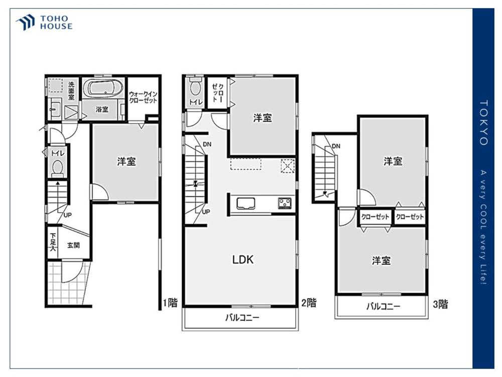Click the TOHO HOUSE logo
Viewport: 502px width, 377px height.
tap(44, 23)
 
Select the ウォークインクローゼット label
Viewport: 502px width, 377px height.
tap(143, 97)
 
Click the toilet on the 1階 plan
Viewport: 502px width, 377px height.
tap(58, 168)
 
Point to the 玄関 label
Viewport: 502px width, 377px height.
tap(73, 245)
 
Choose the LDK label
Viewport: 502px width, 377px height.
tap(242, 259)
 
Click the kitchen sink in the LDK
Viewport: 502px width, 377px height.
tap(246, 204)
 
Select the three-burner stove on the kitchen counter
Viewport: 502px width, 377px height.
tap(284, 203)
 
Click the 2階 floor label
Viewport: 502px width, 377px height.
tap(309, 302)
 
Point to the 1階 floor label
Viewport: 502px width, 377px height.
tap(170, 303)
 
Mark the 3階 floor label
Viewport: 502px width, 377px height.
tap(440, 304)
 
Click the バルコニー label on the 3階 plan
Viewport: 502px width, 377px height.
tap(383, 306)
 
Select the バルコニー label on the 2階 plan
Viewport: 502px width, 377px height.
tap(242, 318)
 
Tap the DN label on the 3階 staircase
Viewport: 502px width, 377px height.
tap(336, 146)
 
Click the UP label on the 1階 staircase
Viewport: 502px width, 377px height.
tap(67, 215)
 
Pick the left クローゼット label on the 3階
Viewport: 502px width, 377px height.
tap(375, 217)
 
